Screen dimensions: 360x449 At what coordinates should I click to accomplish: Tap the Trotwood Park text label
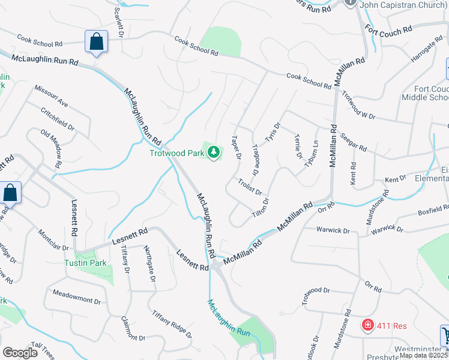click(x=177, y=153)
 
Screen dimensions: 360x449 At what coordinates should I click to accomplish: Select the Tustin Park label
click(x=86, y=263)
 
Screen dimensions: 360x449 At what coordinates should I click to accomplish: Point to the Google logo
click(x=20, y=353)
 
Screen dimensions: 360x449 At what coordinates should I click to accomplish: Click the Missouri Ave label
click(x=51, y=95)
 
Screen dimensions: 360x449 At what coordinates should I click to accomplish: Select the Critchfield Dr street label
click(x=58, y=120)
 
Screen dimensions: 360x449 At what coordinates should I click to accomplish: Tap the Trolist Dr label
click(x=249, y=187)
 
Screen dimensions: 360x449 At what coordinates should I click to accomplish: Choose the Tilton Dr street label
click(x=260, y=207)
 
